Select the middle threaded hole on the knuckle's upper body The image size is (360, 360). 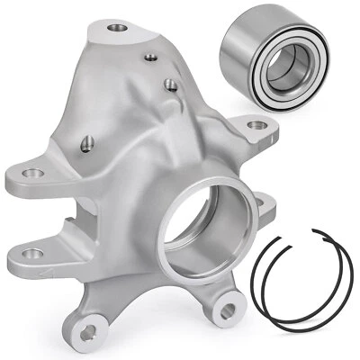click(168, 85)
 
